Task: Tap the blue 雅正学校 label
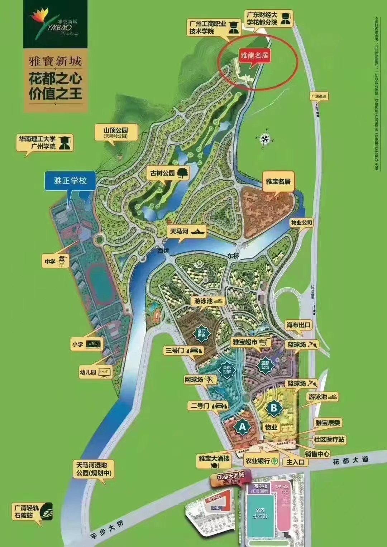pyautogui.click(x=70, y=180)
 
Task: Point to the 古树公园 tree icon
pyautogui.click(x=182, y=173)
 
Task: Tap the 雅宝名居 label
pyautogui.click(x=278, y=181)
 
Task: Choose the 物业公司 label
pyautogui.click(x=301, y=223)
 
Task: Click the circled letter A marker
pyautogui.click(x=242, y=427)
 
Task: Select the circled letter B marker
pyautogui.click(x=273, y=408)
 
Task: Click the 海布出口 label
pyautogui.click(x=298, y=325)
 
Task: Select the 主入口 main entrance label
pyautogui.click(x=295, y=462)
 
